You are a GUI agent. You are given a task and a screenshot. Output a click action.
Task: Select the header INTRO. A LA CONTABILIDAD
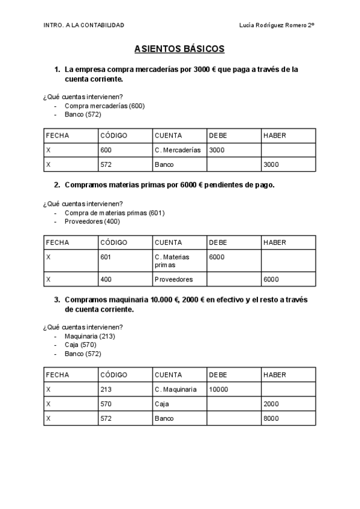tap(84, 25)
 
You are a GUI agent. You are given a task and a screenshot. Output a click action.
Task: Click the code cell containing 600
tap(106, 150)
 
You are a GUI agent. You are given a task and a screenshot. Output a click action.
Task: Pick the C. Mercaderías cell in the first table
tap(178, 150)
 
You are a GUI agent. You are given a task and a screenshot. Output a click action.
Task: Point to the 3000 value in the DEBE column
tap(217, 150)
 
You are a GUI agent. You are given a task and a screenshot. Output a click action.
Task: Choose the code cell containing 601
tap(106, 257)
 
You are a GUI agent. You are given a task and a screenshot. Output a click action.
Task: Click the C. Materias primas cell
tap(172, 261)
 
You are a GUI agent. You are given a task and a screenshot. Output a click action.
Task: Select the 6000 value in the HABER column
tap(271, 279)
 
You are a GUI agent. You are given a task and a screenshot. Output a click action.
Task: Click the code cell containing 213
tap(106, 390)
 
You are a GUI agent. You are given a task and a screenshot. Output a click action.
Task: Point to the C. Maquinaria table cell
tap(175, 390)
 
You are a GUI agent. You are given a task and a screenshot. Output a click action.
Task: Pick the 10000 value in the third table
tap(218, 390)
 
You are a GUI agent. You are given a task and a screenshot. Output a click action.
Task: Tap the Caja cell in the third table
tap(161, 404)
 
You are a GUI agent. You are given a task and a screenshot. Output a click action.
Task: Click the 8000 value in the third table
tap(271, 418)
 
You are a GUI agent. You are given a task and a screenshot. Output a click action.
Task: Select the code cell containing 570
tap(106, 404)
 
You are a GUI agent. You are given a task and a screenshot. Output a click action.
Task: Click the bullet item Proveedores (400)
tap(92, 221)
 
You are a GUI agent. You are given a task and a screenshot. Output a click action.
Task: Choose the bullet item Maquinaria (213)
tap(89, 336)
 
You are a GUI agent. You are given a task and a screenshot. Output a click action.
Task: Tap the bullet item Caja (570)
tap(80, 345)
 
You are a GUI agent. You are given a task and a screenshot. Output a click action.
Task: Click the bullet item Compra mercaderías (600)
tap(104, 106)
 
